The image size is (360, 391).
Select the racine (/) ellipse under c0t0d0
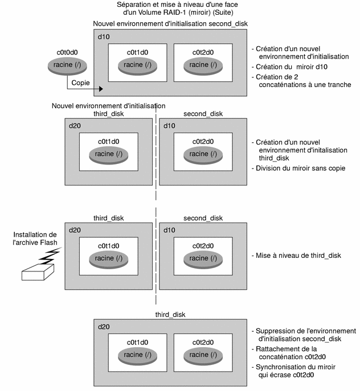click(68, 65)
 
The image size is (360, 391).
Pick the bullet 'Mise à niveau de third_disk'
click(296, 256)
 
